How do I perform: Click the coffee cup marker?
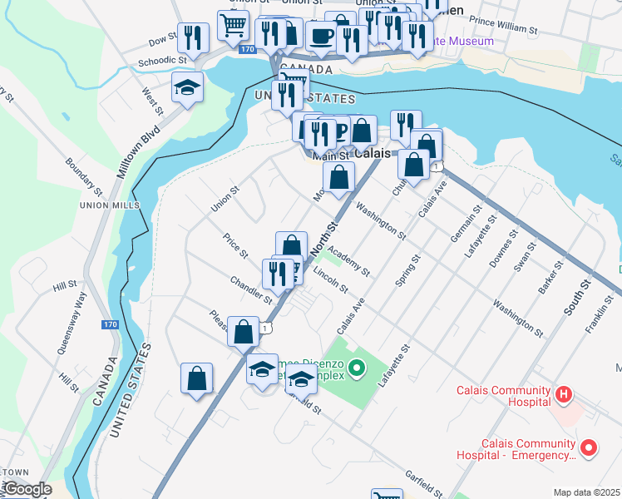click(321, 37)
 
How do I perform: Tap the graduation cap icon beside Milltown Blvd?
click(187, 86)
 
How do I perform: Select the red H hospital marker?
click(563, 394)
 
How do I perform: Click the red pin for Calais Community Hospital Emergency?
click(589, 448)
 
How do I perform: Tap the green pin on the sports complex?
click(357, 367)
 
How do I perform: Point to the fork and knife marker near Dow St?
click(192, 37)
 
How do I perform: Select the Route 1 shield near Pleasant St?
click(265, 329)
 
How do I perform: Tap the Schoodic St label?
click(163, 61)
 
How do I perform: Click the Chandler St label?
click(251, 289)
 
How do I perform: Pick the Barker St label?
click(550, 277)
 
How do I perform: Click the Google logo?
click(27, 490)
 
